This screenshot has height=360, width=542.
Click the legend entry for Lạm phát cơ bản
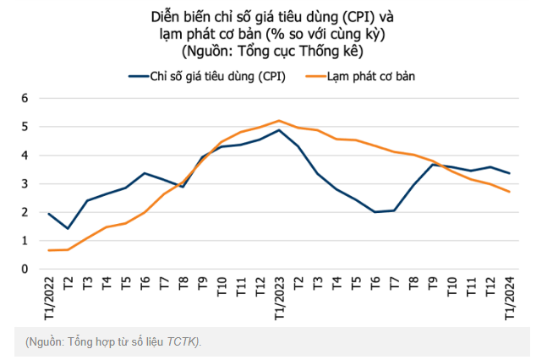pyautogui.click(x=371, y=76)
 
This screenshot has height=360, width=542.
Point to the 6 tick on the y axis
pyautogui.click(x=25, y=98)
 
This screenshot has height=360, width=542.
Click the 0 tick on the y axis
pyautogui.click(x=25, y=269)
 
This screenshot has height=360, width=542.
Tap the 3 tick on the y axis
pyautogui.click(x=25, y=183)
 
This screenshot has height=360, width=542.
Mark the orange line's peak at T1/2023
pyautogui.click(x=279, y=120)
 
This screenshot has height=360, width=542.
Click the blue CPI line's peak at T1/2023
pyautogui.click(x=279, y=130)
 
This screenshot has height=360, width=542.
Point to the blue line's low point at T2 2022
pyautogui.click(x=68, y=229)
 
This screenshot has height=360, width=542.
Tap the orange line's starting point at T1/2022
pyautogui.click(x=48, y=250)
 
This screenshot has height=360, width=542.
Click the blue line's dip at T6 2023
pyautogui.click(x=375, y=212)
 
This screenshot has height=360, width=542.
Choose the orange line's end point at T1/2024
pyautogui.click(x=509, y=192)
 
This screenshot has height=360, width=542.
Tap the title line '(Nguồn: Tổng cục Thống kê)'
pyautogui.click(x=271, y=51)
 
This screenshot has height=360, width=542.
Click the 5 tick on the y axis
pyautogui.click(x=25, y=127)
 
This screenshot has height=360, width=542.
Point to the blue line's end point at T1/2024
pyautogui.click(x=509, y=173)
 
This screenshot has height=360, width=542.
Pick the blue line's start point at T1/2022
pyautogui.click(x=48, y=214)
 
